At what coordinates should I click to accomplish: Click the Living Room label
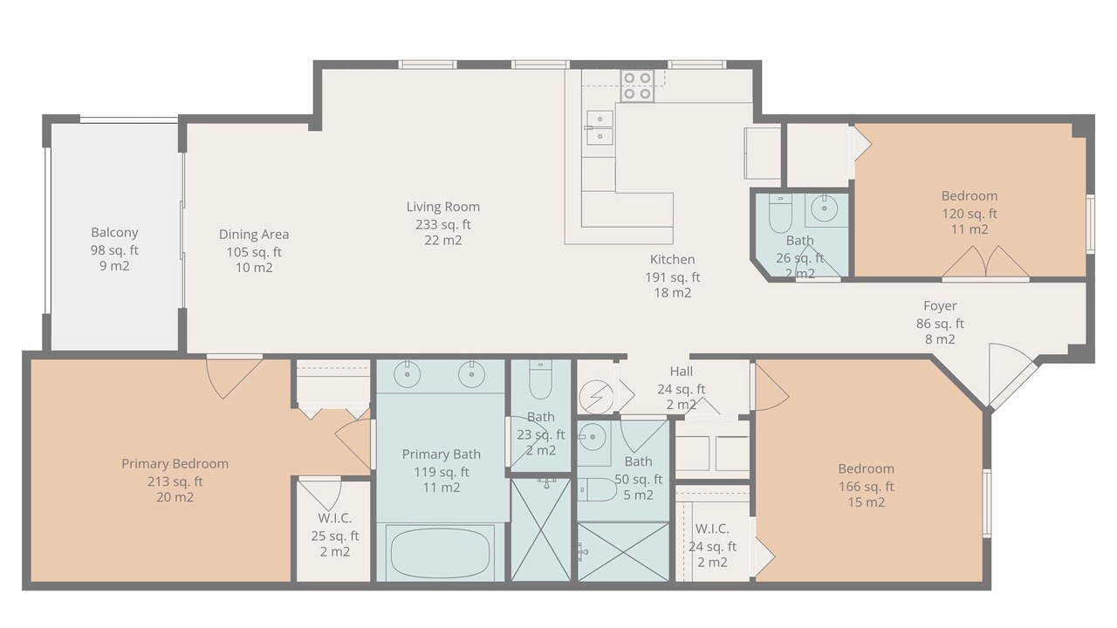coord(442,207)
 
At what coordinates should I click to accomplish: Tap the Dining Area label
coord(254,235)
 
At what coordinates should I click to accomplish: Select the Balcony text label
coord(114,233)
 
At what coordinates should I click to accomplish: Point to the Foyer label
coord(940,305)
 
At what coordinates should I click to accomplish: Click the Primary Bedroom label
coord(175,463)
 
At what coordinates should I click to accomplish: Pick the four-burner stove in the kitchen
coord(637,85)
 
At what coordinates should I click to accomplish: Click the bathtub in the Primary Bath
coord(441,553)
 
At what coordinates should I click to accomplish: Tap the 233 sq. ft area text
coord(442,224)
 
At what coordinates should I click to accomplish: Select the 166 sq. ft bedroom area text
coord(867,487)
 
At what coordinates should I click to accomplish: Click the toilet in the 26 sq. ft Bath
coord(780,214)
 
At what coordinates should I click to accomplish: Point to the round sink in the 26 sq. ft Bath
coord(825,208)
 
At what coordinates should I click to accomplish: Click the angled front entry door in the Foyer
coord(1012,375)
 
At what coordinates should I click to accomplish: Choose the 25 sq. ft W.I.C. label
coord(334,518)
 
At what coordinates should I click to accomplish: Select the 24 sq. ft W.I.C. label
coord(712,529)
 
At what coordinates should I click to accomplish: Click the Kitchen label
coord(672,259)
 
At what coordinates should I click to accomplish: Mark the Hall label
coord(682,372)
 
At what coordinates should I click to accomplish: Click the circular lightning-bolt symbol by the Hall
coord(596,397)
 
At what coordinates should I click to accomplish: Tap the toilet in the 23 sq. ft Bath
coord(540,379)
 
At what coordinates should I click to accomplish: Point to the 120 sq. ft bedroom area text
coord(970,214)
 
